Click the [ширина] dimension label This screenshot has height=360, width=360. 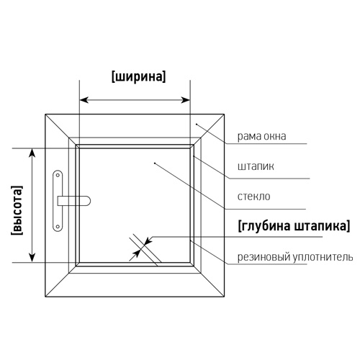pyautogui.click(x=139, y=76)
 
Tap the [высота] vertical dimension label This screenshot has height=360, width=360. pyautogui.click(x=17, y=210)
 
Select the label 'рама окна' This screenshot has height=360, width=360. pyautogui.click(x=261, y=136)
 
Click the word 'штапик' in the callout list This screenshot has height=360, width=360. pyautogui.click(x=256, y=166)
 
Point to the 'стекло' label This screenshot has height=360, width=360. pyautogui.click(x=253, y=197)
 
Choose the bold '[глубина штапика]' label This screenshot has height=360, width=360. pyautogui.click(x=294, y=226)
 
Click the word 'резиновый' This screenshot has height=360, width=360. pyautogui.click(x=264, y=257)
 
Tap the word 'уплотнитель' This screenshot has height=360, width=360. pyautogui.click(x=323, y=257)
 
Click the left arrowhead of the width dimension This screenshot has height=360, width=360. pyautogui.click(x=84, y=100)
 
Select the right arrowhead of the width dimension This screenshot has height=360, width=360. pyautogui.click(x=186, y=100)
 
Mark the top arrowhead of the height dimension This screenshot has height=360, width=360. pyautogui.click(x=32, y=153)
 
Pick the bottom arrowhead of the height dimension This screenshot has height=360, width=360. pyautogui.click(x=32, y=257)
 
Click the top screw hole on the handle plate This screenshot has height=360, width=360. pyautogui.click(x=58, y=175)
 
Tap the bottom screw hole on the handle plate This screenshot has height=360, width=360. pyautogui.click(x=58, y=226)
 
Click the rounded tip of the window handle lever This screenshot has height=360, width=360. pyautogui.click(x=89, y=201)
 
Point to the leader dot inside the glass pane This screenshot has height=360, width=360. pyautogui.click(x=155, y=163)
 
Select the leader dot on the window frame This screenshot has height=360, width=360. pyautogui.click(x=197, y=124)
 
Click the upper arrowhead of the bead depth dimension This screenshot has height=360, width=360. pyautogui.click(x=148, y=241)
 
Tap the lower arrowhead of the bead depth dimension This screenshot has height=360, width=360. pyautogui.click(x=136, y=253)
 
